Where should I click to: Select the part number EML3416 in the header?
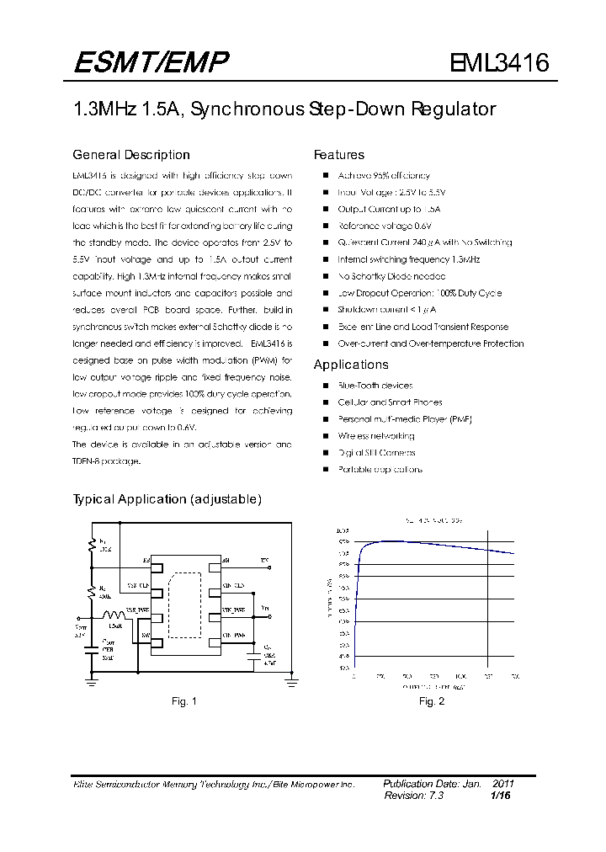coord(499,63)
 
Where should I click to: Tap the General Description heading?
coord(131,155)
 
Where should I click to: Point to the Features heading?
coord(339,155)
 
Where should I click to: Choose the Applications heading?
coord(351,365)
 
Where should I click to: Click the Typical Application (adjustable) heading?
coord(167,499)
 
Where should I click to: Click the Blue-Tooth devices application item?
coord(375,386)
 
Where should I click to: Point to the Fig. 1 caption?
coord(183,700)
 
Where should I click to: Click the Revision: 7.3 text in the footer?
coord(413,795)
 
